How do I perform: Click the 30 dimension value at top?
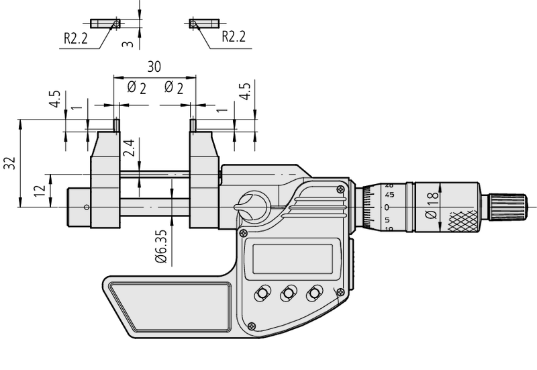click(x=154, y=68)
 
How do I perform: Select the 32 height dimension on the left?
click(x=9, y=163)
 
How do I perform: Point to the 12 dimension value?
click(x=39, y=191)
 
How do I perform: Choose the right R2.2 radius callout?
click(x=233, y=36)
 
